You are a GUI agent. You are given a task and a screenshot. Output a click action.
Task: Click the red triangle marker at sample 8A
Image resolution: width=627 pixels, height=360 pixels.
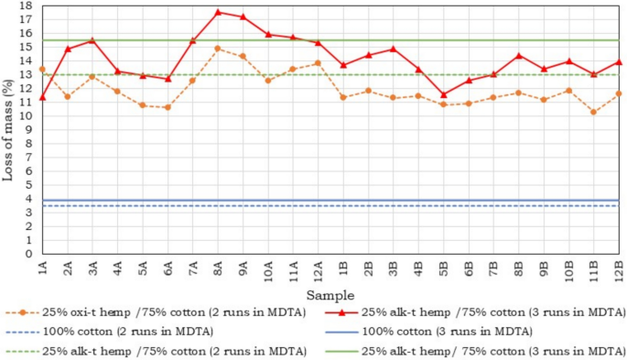[x=218, y=12]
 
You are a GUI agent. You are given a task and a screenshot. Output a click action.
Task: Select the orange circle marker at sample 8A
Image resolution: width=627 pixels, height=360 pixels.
[x=218, y=49]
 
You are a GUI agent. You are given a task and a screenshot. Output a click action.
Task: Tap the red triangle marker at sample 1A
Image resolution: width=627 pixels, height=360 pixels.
[x=42, y=97]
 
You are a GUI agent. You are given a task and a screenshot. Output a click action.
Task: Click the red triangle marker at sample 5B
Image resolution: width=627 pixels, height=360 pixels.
[x=443, y=94]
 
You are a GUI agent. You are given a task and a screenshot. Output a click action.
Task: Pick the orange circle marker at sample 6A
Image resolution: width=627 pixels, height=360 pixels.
[x=168, y=107]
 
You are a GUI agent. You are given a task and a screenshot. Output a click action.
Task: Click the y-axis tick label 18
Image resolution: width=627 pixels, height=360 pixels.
[x=27, y=5]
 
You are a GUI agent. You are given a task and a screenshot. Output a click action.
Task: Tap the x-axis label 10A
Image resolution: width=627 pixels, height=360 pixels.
[x=268, y=271]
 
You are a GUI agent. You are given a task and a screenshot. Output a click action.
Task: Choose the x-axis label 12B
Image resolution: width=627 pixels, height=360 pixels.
[x=620, y=271]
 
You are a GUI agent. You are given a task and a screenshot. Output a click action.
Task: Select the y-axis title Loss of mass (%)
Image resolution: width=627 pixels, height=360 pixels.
[x=8, y=129]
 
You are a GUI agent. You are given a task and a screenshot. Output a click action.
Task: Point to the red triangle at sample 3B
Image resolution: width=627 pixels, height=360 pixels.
[x=393, y=49]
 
